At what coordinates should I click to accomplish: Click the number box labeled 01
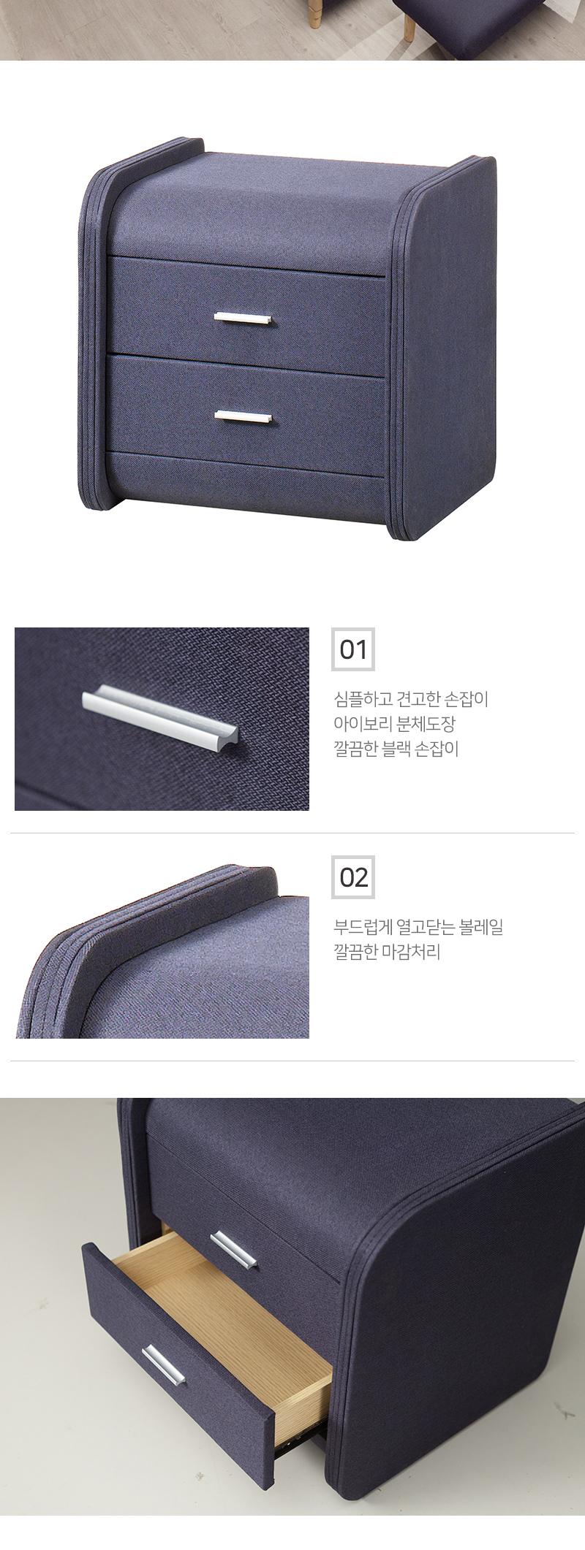(x=353, y=649)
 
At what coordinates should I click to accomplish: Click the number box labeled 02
(x=353, y=877)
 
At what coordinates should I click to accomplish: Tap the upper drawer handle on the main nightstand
(x=244, y=318)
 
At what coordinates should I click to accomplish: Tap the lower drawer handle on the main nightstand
(x=244, y=416)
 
